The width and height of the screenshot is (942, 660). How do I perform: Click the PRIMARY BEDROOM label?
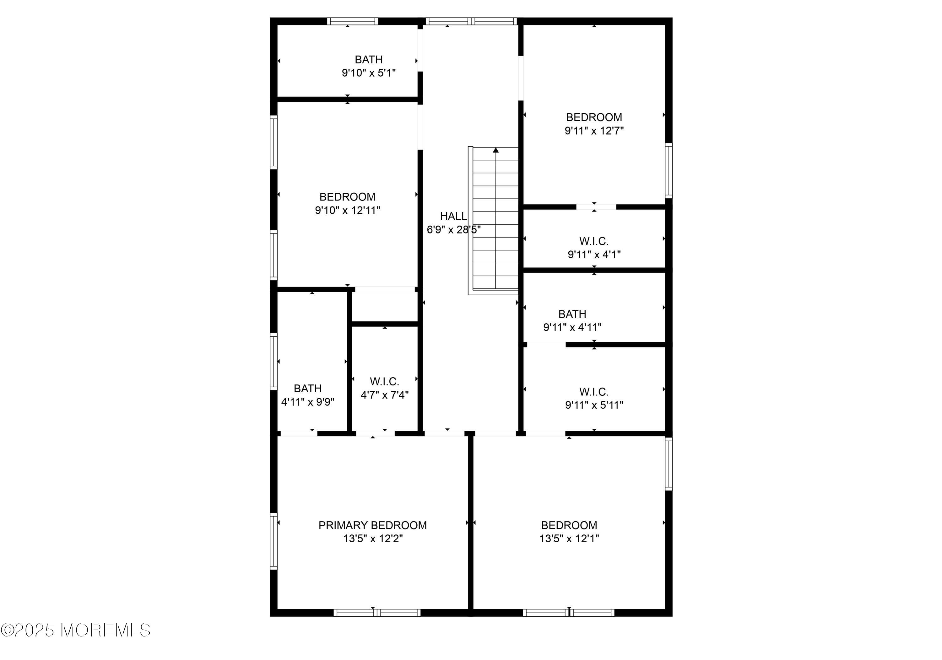372,525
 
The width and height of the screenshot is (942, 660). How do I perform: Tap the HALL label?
453,216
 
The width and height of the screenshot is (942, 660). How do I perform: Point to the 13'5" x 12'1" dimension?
569,539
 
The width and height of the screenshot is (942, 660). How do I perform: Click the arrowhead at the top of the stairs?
495,150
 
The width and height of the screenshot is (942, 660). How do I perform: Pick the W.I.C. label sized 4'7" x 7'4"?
384,382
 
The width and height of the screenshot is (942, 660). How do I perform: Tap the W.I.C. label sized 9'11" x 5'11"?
594,392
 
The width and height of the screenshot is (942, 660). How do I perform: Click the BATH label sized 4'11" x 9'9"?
308,389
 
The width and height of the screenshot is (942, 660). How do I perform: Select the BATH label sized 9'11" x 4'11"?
572,314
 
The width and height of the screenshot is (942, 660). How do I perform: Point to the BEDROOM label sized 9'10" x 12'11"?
348,197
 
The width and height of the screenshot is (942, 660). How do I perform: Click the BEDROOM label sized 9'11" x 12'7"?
594,117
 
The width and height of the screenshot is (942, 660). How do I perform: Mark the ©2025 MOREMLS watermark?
76,630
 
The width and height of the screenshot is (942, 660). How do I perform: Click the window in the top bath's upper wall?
352,21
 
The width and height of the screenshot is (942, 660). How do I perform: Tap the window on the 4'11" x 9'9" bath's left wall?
273,361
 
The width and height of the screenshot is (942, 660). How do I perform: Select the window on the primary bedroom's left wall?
273,541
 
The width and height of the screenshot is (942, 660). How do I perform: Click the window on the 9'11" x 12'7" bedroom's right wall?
669,171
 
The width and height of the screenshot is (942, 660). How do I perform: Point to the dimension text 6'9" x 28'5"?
454,230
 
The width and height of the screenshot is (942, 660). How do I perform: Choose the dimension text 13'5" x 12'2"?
373,539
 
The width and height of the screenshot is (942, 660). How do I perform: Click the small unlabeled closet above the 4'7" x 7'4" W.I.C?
385,307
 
